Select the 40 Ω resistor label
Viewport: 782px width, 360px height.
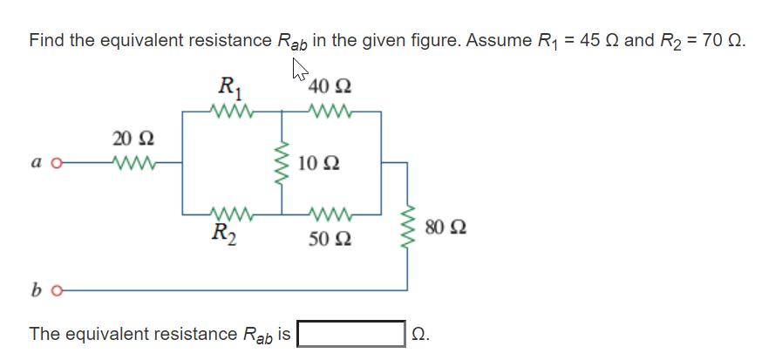[330, 88]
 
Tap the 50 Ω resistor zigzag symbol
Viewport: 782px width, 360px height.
[330, 214]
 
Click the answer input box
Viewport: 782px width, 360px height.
[350, 334]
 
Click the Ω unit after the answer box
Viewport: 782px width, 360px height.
[421, 334]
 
